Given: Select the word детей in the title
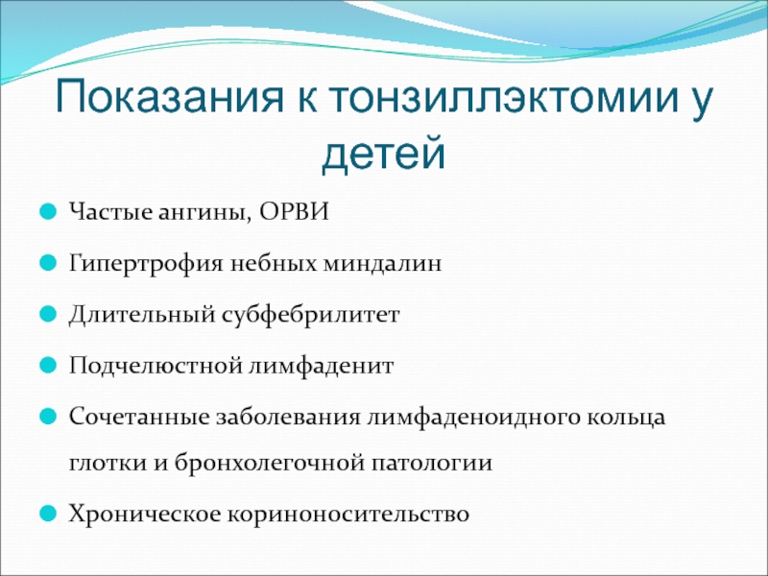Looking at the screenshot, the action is pos(383,153).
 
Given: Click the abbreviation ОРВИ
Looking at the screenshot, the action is pos(294,211).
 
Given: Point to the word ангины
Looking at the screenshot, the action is pos(204,213).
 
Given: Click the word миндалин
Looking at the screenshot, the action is pos(382,263).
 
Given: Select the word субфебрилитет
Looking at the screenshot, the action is pos(310,315).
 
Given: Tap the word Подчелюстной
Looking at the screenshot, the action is pos(155,366).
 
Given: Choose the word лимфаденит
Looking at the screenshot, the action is pos(321,366).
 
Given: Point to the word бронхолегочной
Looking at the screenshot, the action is pos(270,463).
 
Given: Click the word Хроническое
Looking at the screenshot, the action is pos(145,515).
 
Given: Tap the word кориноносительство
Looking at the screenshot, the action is pos(348,515).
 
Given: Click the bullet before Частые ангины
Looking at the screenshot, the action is pos(47,212).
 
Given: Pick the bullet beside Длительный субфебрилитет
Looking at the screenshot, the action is pos(47,314).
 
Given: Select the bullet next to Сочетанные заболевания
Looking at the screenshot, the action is pos(47,417).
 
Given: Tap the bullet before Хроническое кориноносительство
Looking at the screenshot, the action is pos(47,514).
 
